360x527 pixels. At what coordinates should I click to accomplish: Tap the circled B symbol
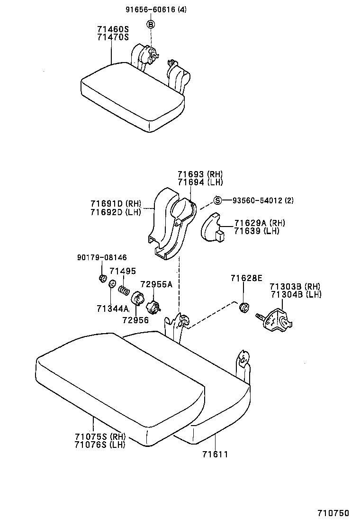tap(150, 24)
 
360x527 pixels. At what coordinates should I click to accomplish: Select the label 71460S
tap(113, 29)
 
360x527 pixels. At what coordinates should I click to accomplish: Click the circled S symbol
tap(217, 200)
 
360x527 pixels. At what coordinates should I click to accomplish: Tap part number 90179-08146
tap(101, 258)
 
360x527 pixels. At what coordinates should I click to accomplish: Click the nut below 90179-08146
tap(101, 278)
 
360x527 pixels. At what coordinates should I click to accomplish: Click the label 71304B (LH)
tap(296, 294)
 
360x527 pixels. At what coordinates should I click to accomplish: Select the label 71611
tap(215, 454)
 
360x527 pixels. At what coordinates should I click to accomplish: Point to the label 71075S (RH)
tap(99, 436)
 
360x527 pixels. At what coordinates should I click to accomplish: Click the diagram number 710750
tap(333, 513)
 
